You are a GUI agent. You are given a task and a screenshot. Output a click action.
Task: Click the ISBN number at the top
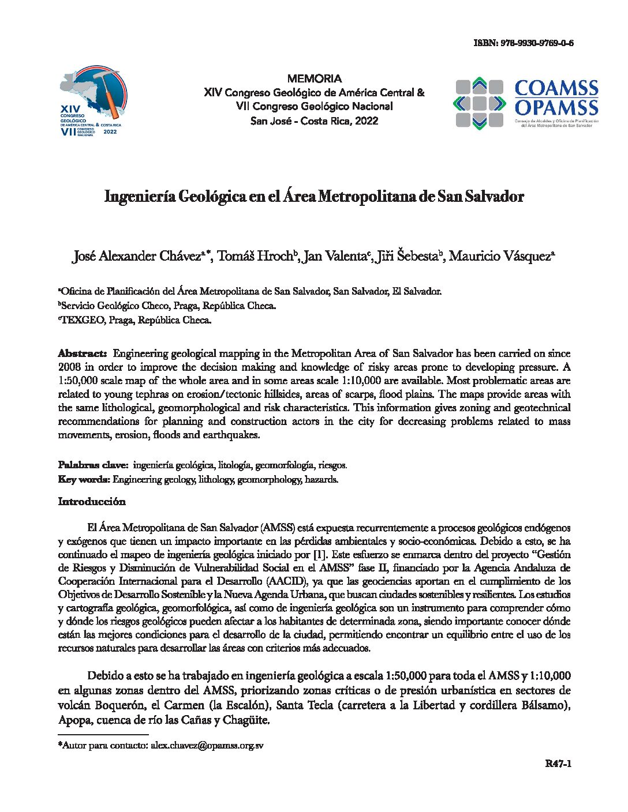pos(523,43)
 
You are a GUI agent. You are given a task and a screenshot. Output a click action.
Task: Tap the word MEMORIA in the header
pos(314,78)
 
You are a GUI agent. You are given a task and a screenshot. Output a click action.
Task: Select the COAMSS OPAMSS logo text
pos(556,99)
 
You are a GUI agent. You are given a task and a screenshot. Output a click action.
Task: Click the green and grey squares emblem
pos(479,103)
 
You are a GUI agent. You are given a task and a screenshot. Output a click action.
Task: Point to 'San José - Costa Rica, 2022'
pos(314,121)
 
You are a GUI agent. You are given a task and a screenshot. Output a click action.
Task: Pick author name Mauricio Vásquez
pos(500,256)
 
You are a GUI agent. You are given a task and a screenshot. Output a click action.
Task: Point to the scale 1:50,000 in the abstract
pos(83,381)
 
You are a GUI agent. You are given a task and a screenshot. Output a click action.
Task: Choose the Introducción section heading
pos(91,502)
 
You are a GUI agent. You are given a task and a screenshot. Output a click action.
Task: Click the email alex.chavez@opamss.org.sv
pos(207,745)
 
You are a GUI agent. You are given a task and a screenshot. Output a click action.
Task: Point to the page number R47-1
pos(558,765)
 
